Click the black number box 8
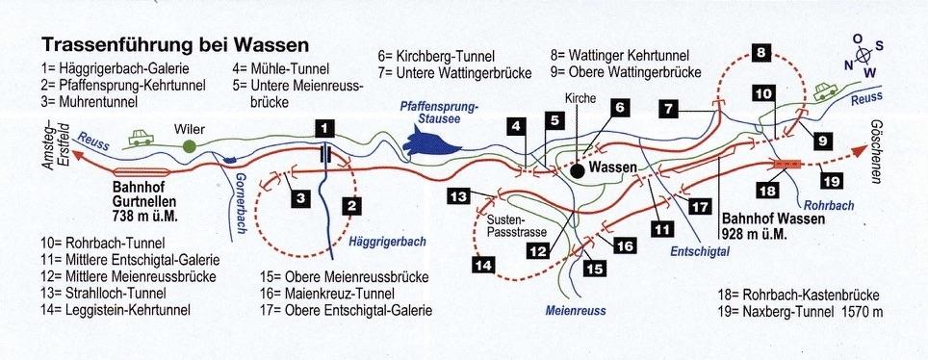pyautogui.click(x=761, y=53)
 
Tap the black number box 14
pyautogui.click(x=483, y=266)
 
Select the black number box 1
pyautogui.click(x=325, y=128)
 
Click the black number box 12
pyautogui.click(x=538, y=251)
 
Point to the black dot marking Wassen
pyautogui.click(x=577, y=171)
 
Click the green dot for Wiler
pyautogui.click(x=189, y=145)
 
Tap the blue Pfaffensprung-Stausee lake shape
pyautogui.click(x=431, y=142)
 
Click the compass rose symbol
pyautogui.click(x=863, y=56)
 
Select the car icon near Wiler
pyautogui.click(x=142, y=138)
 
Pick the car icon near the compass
pyautogui.click(x=825, y=91)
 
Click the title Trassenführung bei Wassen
pyautogui.click(x=175, y=45)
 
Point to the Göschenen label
pyautogui.click(x=876, y=151)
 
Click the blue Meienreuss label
pyautogui.click(x=576, y=310)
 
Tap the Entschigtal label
pyautogui.click(x=700, y=251)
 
